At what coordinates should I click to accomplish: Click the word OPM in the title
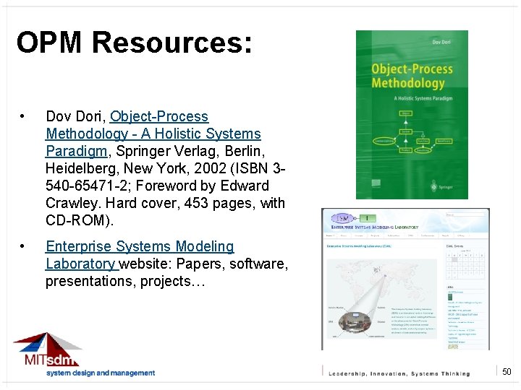(49, 43)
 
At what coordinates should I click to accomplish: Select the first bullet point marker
(24, 117)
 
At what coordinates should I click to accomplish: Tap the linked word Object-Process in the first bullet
(158, 116)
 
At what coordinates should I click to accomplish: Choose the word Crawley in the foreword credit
(68, 203)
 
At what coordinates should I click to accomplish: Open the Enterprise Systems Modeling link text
(140, 247)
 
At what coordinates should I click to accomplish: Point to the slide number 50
(507, 372)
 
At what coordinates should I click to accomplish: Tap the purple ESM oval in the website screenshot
(342, 217)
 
